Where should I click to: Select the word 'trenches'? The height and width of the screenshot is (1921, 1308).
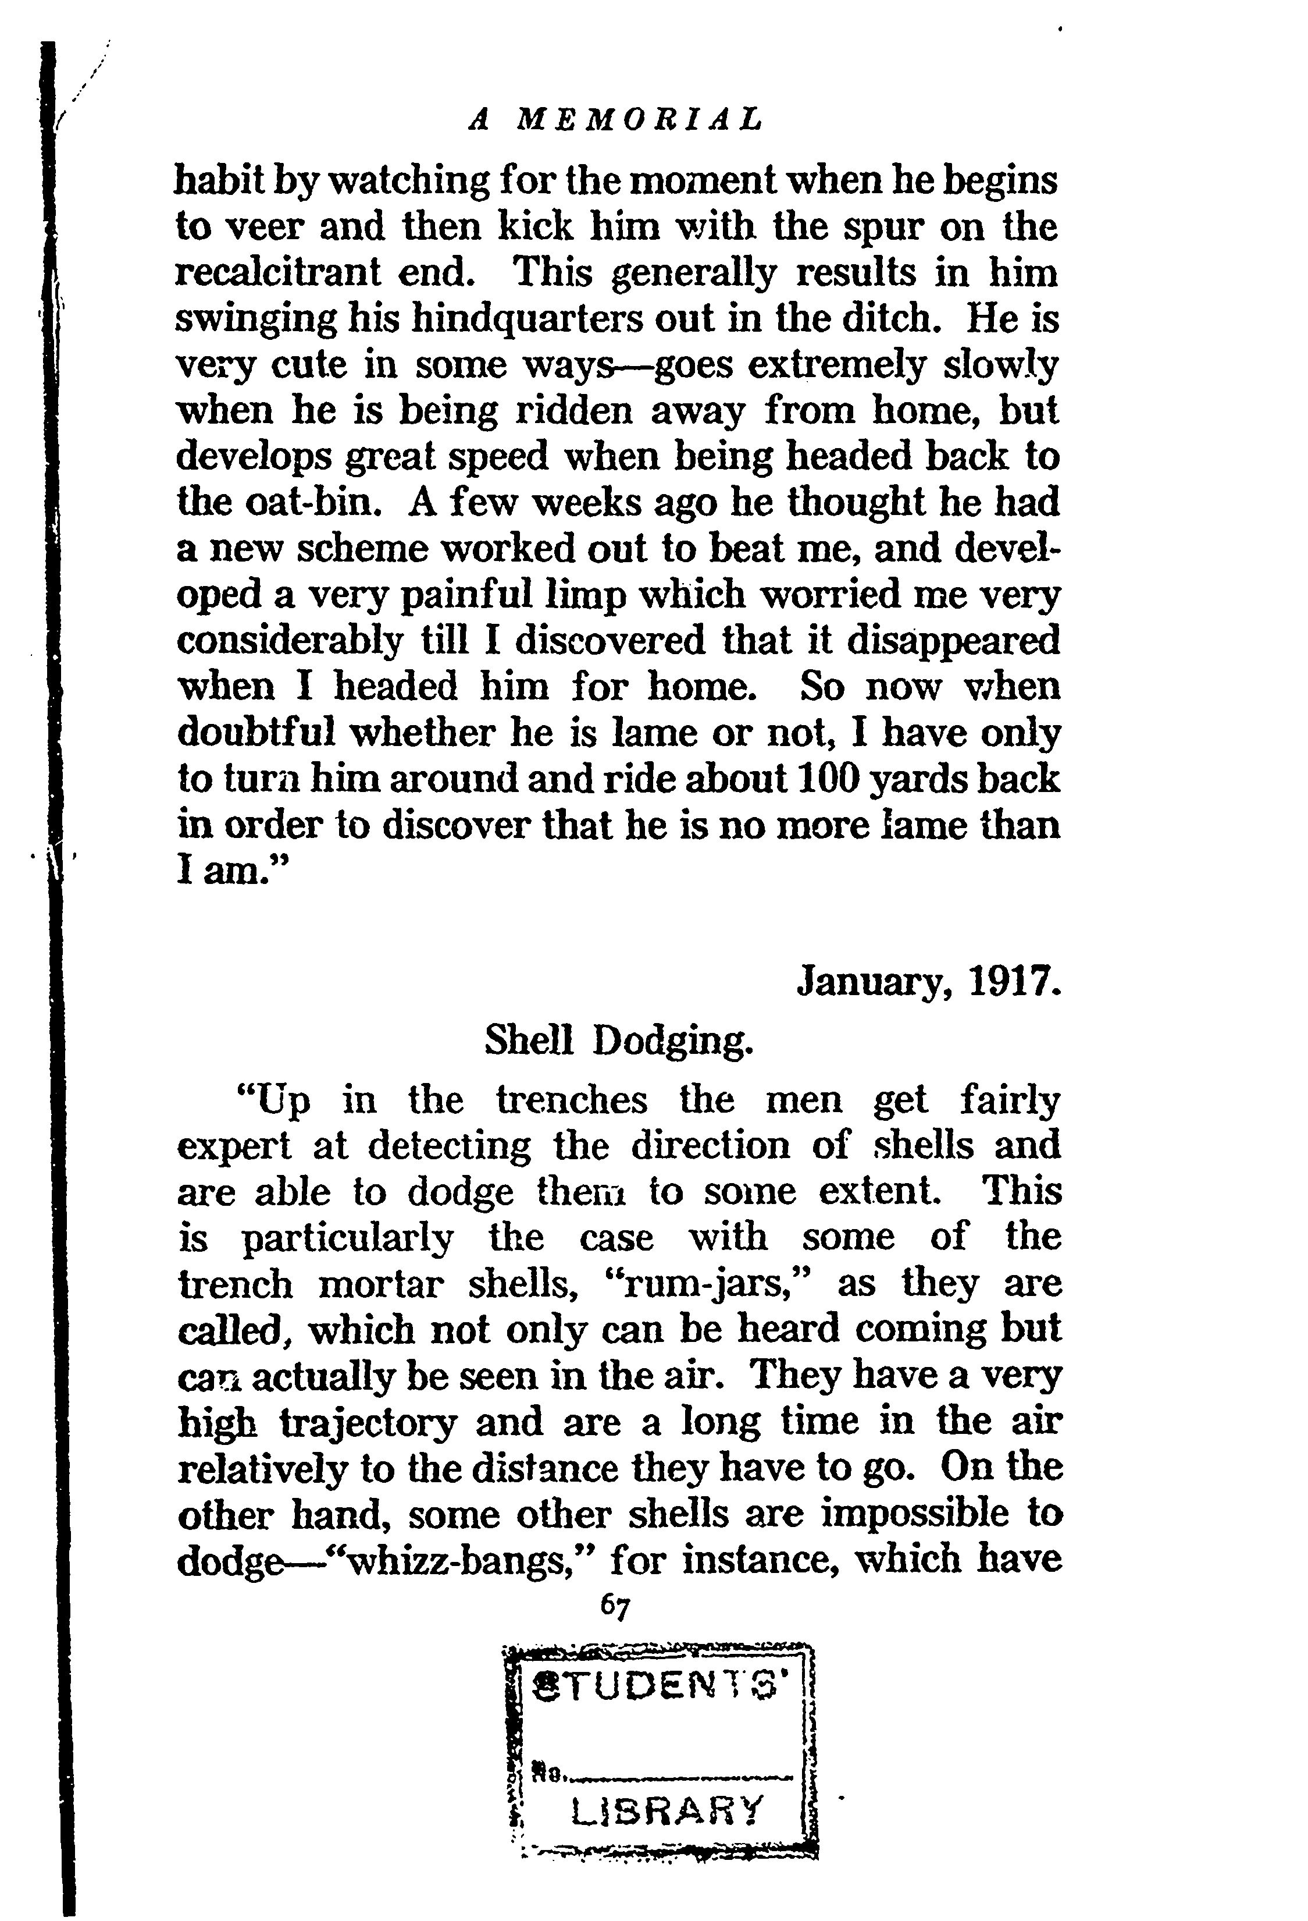[x=571, y=1101]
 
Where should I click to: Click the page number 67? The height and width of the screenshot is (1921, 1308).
[x=616, y=1606]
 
